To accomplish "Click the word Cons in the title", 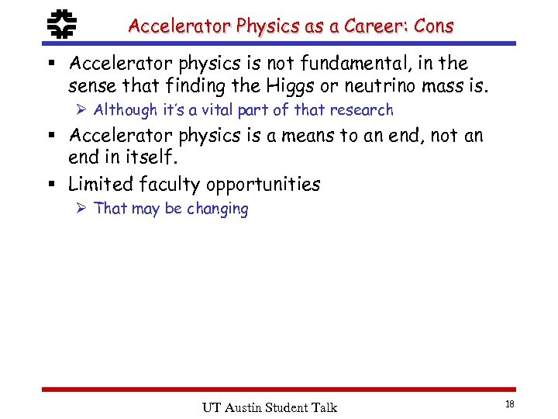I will coord(433,26).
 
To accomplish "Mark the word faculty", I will coord(170,184).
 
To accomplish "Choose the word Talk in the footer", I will coord(323,407).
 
